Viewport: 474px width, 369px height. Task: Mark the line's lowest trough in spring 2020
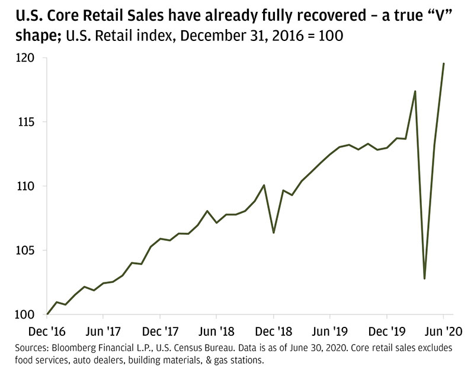click(425, 278)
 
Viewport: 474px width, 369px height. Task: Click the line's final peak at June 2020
click(444, 63)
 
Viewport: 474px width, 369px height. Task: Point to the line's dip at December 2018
click(274, 233)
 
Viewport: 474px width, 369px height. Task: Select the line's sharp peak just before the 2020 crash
click(415, 91)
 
